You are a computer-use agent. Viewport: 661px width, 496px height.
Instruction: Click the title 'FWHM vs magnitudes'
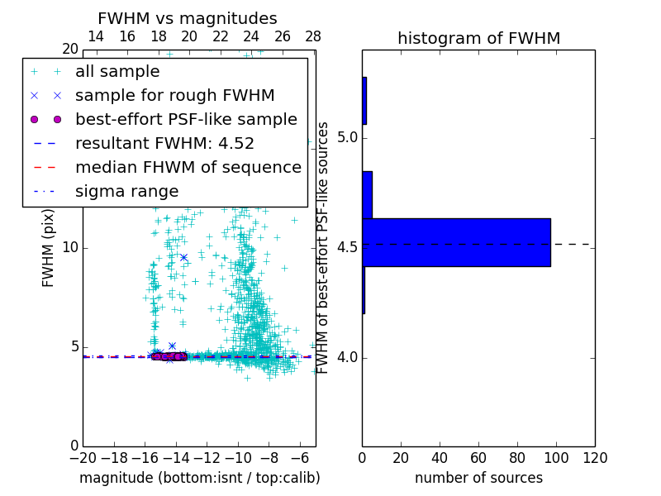pyautogui.click(x=188, y=18)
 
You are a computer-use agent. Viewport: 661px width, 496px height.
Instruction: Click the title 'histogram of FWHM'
pyautogui.click(x=478, y=38)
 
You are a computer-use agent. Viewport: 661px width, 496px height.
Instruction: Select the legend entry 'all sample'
pyautogui.click(x=117, y=71)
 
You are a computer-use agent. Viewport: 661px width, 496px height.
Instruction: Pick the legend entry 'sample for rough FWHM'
pyautogui.click(x=174, y=95)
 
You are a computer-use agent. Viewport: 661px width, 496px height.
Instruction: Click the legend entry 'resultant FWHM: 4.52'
pyautogui.click(x=164, y=143)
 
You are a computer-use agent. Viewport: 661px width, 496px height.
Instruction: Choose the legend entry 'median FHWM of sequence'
pyautogui.click(x=188, y=167)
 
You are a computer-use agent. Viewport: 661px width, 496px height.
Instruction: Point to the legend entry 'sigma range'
pyautogui.click(x=126, y=191)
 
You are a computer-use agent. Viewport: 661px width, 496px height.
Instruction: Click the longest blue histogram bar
pyautogui.click(x=456, y=242)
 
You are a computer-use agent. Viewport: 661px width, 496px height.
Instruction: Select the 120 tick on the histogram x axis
pyautogui.click(x=595, y=457)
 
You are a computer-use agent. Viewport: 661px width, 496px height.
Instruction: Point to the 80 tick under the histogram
pyautogui.click(x=517, y=457)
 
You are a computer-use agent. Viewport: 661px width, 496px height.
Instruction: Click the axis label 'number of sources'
pyautogui.click(x=478, y=478)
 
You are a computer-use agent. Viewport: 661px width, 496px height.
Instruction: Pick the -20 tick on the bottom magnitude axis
pyautogui.click(x=83, y=457)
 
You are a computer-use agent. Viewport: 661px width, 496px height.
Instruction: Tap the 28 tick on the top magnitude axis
pyautogui.click(x=313, y=36)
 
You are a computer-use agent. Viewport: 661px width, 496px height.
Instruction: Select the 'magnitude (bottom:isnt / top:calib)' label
pyautogui.click(x=199, y=478)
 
